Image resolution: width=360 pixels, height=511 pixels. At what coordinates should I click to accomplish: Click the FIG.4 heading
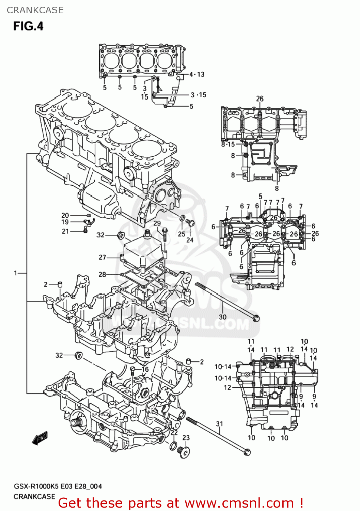coord(28,26)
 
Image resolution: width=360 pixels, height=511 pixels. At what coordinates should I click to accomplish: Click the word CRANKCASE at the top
coord(35,10)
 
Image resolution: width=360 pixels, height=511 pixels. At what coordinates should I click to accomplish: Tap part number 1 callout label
coord(15,273)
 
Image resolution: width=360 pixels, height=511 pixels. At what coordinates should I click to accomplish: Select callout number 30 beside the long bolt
coord(222,317)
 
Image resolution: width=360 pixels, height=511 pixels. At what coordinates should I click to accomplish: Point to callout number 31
coord(219,424)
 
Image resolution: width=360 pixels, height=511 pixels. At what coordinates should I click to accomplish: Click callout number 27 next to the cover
coord(102,257)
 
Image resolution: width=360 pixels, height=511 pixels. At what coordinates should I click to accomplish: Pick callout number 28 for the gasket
coord(102,274)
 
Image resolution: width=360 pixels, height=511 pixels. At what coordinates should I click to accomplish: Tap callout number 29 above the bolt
coord(157,223)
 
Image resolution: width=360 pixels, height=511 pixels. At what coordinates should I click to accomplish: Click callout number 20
coord(65,215)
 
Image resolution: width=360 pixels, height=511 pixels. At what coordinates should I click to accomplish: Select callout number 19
coord(65,222)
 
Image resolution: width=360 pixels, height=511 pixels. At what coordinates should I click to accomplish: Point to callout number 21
coord(65,231)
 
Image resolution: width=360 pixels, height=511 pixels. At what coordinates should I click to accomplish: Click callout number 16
coord(145,369)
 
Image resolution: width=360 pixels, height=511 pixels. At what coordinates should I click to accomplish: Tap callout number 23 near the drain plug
coord(186,437)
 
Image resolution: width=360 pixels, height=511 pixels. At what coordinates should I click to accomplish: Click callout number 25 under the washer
coord(182,234)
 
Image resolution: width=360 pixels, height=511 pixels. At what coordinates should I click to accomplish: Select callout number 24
coord(190,240)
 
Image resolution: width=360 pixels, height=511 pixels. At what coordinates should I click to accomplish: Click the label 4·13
coord(197,74)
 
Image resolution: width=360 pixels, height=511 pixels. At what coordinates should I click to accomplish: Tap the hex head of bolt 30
coord(256,319)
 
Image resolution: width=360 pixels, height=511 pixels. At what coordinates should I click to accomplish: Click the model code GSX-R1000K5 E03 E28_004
coord(58,486)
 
